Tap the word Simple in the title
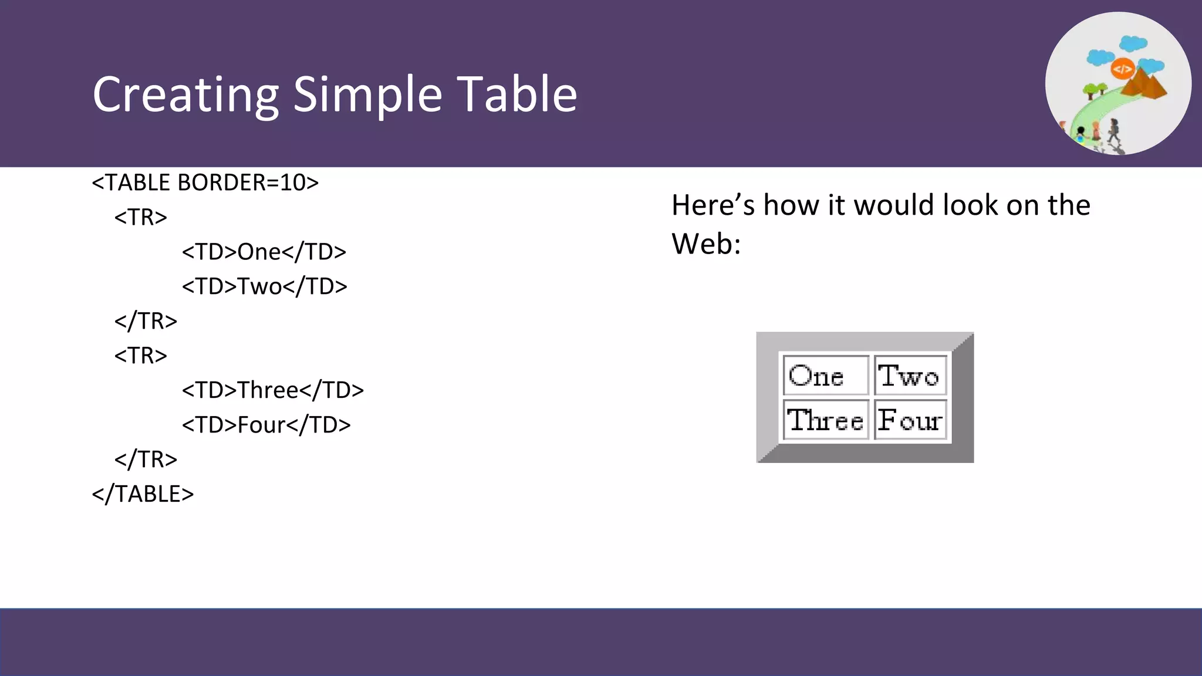pos(367,95)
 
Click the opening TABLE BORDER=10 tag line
pos(205,182)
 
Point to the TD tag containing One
pos(264,252)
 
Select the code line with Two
pos(264,286)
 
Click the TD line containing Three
pos(272,390)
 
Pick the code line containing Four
pos(266,425)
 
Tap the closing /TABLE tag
pos(143,494)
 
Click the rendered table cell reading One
pos(825,376)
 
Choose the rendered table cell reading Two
pos(909,376)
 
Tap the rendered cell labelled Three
pos(825,420)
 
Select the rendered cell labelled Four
pos(909,420)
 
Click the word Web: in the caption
pos(706,244)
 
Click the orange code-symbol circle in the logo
pos(1122,69)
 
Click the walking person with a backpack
pos(1113,130)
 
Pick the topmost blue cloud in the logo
pos(1133,43)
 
